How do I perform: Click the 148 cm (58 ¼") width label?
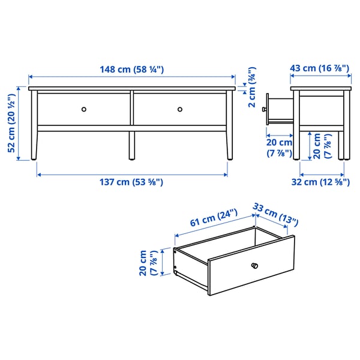(x=133, y=70)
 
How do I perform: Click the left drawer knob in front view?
(x=84, y=109)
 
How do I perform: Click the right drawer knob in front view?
(x=180, y=109)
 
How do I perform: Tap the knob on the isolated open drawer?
(x=254, y=265)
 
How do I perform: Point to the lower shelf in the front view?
(x=132, y=127)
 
